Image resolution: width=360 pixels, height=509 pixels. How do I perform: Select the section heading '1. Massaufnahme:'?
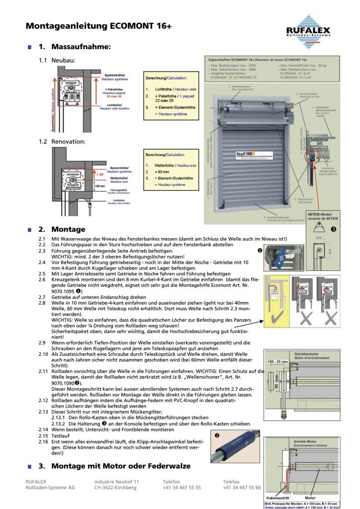click(75, 47)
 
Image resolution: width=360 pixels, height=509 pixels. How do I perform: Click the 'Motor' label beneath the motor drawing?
click(310, 497)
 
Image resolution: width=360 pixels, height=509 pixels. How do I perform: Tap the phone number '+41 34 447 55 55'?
click(181, 488)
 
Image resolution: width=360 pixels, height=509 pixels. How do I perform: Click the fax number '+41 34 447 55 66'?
click(242, 488)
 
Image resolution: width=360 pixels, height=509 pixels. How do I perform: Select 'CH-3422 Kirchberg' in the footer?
click(115, 488)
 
